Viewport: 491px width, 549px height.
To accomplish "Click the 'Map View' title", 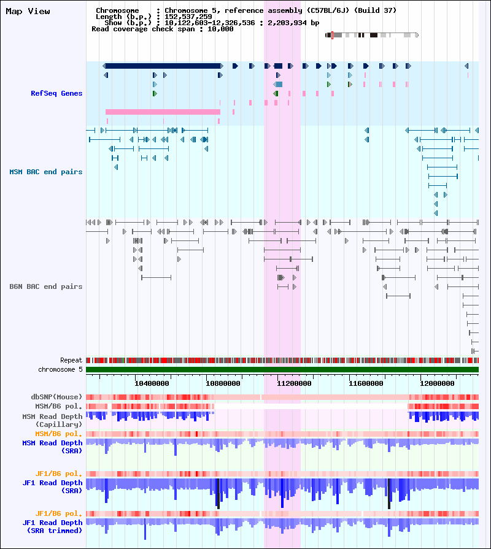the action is tap(28, 11).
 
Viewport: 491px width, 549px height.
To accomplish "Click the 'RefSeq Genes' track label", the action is tap(56, 93).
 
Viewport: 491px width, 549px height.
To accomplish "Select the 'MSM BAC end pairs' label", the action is tap(46, 172).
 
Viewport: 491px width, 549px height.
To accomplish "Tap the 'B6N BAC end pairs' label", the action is tap(46, 286).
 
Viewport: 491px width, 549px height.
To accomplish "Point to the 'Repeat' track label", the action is tap(71, 360).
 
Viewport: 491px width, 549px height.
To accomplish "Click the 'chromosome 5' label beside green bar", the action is tap(60, 369).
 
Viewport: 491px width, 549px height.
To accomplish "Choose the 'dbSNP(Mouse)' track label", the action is tap(56, 397).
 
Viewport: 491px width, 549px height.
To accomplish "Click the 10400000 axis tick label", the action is tap(152, 383).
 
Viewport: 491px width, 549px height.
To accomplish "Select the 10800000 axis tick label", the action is tap(223, 383).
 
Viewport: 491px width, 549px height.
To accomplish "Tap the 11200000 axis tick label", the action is tap(294, 383).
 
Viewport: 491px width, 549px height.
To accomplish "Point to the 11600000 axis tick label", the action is tap(366, 383).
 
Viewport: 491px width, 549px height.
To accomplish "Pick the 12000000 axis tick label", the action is tap(437, 383).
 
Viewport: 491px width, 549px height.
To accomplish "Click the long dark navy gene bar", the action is tap(163, 66).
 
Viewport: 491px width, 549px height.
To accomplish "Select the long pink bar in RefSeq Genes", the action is tap(163, 112).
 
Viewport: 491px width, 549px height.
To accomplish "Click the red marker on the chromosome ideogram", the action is tap(332, 35).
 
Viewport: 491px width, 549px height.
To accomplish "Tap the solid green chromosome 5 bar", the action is tap(282, 370).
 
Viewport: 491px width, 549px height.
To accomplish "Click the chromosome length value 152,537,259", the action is tap(188, 17).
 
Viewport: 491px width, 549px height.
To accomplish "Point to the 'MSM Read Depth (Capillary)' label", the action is tap(53, 420).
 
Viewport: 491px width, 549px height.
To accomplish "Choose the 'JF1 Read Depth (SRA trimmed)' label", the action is tap(53, 526).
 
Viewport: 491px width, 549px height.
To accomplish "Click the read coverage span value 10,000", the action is tap(220, 29).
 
